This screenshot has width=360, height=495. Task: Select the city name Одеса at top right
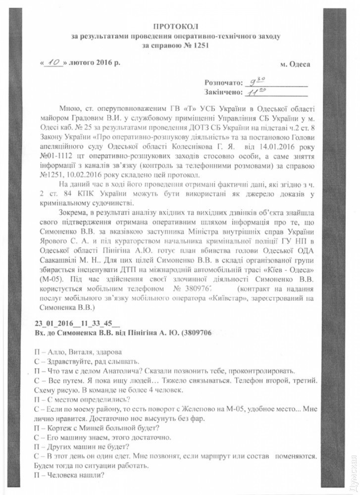click(x=300, y=65)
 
